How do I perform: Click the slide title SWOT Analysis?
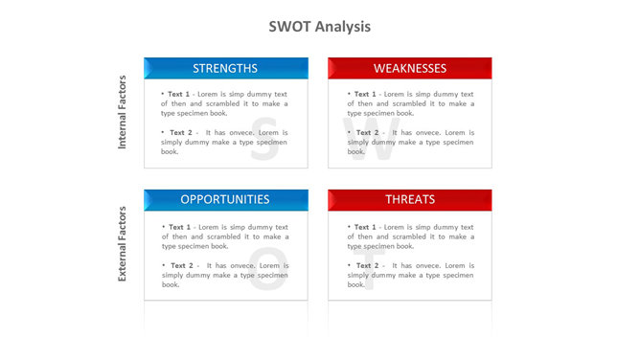[x=320, y=27]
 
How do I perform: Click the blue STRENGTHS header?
[x=225, y=68]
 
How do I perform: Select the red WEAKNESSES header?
[x=410, y=68]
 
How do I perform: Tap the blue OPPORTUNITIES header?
[x=225, y=199]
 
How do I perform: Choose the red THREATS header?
[x=410, y=199]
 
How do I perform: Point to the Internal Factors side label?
[x=123, y=113]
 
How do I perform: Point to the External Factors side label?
[x=123, y=245]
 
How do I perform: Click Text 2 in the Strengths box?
[x=180, y=132]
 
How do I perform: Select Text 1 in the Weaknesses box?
[x=364, y=95]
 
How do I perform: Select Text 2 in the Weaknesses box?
[x=366, y=132]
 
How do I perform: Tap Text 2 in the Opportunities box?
[x=180, y=265]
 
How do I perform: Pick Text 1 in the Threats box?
[x=364, y=227]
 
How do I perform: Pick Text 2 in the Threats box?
[x=366, y=265]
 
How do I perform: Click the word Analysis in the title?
[x=341, y=27]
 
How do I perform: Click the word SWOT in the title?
[x=289, y=27]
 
